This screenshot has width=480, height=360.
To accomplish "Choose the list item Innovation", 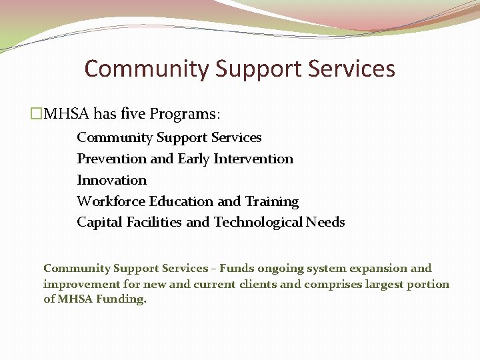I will click(x=111, y=180).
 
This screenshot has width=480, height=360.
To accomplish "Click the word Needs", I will click(x=325, y=223).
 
